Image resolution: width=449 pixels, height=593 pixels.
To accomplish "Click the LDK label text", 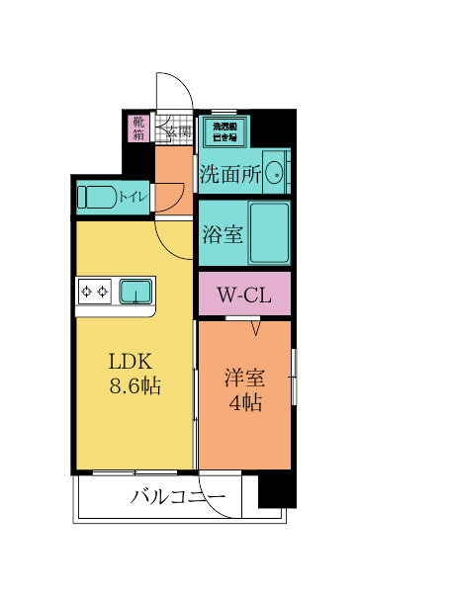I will (129, 360).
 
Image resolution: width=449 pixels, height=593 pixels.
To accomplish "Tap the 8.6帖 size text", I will (135, 385).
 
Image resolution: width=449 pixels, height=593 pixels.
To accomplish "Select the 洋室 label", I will (243, 378).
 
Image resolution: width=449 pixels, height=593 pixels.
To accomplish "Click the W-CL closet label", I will (244, 295).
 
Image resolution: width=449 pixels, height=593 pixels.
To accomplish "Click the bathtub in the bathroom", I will (268, 232).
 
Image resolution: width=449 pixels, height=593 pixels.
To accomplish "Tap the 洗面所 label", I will (230, 175).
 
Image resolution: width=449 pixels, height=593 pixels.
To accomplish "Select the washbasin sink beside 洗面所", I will (276, 175).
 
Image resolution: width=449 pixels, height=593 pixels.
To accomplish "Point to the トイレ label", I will (134, 197).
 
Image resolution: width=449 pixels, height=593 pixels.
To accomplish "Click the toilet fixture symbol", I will (98, 197).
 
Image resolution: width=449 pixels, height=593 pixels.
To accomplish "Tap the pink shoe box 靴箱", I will (138, 129).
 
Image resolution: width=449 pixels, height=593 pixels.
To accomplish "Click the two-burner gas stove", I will (97, 291).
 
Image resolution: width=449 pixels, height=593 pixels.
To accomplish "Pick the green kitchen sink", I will (135, 291).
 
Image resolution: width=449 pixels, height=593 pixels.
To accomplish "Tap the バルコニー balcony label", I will (178, 496).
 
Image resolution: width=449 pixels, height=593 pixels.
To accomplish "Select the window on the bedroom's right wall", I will (293, 376).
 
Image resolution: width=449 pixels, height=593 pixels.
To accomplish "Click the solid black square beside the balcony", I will (277, 490).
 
